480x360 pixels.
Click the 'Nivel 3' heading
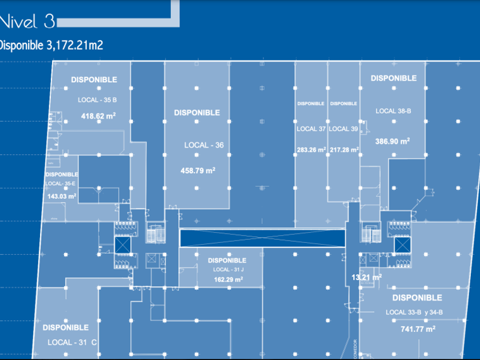click(x=27, y=22)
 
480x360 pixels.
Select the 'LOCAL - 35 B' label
click(x=97, y=100)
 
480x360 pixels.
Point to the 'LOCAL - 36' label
click(x=203, y=145)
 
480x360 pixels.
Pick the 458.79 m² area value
click(x=198, y=170)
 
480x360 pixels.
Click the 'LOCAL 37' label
click(x=311, y=129)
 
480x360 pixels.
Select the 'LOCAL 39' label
click(x=343, y=129)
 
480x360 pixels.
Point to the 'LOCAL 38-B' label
click(x=393, y=111)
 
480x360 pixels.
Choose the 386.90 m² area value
click(x=393, y=141)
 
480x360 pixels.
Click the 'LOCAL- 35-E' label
click(x=62, y=183)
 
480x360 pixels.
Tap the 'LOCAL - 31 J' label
click(x=227, y=269)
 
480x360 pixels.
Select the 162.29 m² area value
click(x=227, y=280)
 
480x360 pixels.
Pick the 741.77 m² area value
click(x=418, y=329)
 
